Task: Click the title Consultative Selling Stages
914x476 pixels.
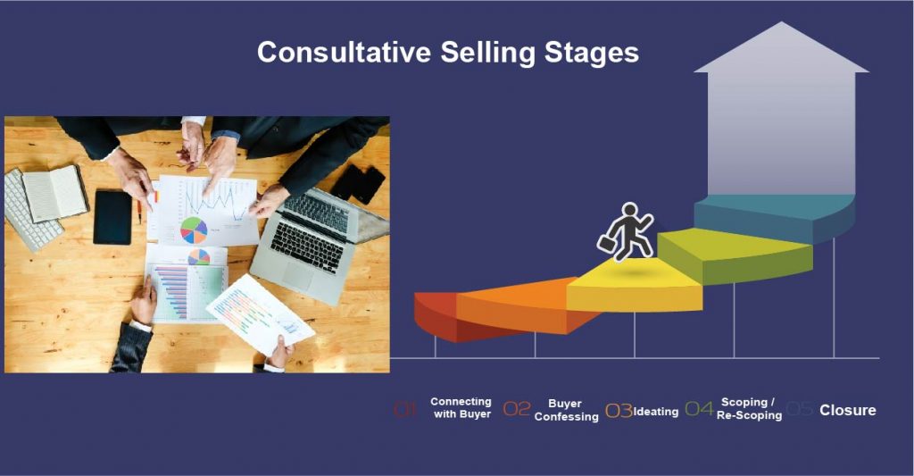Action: pos(447,52)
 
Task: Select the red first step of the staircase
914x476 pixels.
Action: pos(435,313)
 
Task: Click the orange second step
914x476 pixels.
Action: pos(518,304)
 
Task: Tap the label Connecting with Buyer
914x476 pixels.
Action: pos(461,408)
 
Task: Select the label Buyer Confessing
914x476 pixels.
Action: pos(566,410)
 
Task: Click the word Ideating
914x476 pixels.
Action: pos(656,412)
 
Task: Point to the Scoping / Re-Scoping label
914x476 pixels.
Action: pos(749,409)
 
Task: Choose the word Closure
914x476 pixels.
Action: pos(847,411)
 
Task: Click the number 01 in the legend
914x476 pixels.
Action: pos(405,410)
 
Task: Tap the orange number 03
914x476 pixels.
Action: pos(619,411)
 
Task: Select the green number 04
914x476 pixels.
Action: pos(699,410)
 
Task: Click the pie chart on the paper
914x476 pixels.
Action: pos(194,230)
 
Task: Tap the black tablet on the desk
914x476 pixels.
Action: pos(112,216)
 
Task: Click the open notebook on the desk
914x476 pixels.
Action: pos(54,192)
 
